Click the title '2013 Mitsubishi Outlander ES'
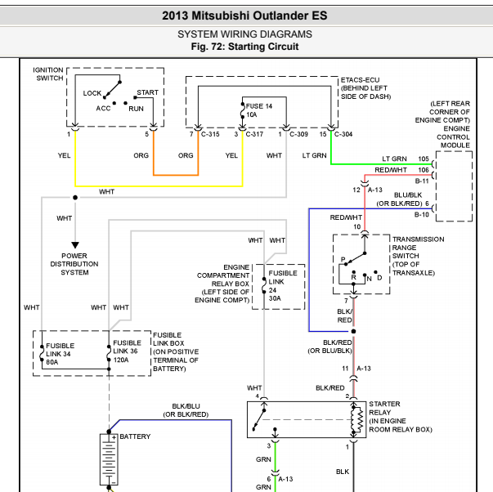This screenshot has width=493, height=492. (x=244, y=16)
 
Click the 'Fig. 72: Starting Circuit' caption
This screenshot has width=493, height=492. (x=244, y=47)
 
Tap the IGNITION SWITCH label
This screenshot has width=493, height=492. (x=48, y=74)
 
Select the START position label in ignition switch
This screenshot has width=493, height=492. (x=147, y=92)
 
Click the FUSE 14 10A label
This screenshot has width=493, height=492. (x=258, y=110)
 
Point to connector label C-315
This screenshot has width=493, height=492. (x=210, y=134)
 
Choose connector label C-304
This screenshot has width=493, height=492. (x=343, y=134)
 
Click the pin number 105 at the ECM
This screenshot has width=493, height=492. (x=424, y=159)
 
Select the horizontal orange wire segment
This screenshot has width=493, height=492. (x=176, y=175)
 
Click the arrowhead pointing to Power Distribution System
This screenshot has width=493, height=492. (x=75, y=245)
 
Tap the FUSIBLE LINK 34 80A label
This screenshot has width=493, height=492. (x=60, y=354)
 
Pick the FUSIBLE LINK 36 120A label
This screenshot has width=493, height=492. (x=127, y=351)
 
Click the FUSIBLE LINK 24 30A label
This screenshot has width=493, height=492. (x=283, y=286)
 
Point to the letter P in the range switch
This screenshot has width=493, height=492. (x=343, y=259)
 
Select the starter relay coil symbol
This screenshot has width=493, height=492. (x=357, y=420)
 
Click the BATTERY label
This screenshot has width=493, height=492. (x=135, y=436)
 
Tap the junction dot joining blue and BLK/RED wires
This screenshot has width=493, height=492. (x=353, y=331)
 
